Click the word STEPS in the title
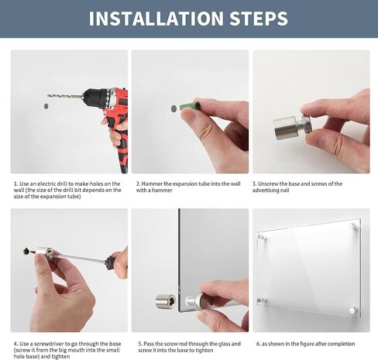pyautogui.click(x=256, y=19)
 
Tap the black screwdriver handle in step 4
pyautogui.click(x=118, y=262)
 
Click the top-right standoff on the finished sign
pyautogui.click(x=353, y=226)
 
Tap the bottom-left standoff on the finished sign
pyautogui.click(x=262, y=300)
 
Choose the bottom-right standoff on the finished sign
pyautogui.click(x=353, y=310)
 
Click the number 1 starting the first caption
pyautogui.click(x=15, y=184)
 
